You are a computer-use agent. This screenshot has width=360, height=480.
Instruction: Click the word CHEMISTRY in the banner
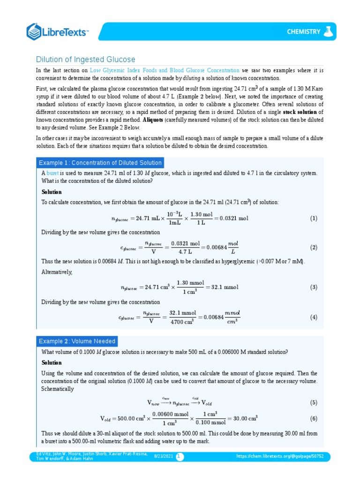click(303, 32)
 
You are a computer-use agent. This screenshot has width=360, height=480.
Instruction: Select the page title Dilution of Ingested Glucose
click(86, 60)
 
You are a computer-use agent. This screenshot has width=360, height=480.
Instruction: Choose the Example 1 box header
click(100, 163)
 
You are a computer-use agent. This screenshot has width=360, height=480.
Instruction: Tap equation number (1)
click(314, 218)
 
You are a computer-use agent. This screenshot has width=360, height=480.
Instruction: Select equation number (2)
click(314, 247)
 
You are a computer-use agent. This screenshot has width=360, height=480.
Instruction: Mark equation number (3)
click(314, 287)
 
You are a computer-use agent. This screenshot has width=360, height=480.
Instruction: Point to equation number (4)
click(314, 317)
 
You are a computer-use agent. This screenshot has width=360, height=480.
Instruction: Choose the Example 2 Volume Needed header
click(77, 341)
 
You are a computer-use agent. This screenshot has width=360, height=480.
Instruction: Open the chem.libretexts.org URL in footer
click(280, 456)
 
